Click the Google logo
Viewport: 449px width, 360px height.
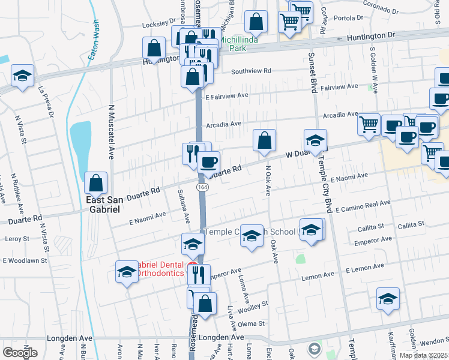[x=20, y=352]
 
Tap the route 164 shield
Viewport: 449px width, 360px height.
[x=204, y=187]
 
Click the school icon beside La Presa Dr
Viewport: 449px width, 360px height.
[x=22, y=76]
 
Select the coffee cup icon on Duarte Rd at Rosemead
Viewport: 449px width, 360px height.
[x=208, y=162]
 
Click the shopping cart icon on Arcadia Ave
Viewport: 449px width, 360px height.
[x=369, y=124]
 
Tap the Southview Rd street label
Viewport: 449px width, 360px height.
[x=251, y=71]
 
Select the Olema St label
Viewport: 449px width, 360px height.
[x=252, y=324]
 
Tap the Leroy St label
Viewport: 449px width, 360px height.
[x=17, y=239]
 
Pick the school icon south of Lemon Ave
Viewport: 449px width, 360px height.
[x=388, y=299]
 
